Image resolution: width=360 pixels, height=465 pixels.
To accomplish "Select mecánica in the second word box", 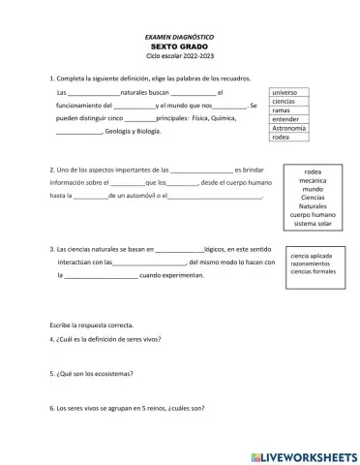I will click(x=312, y=179).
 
